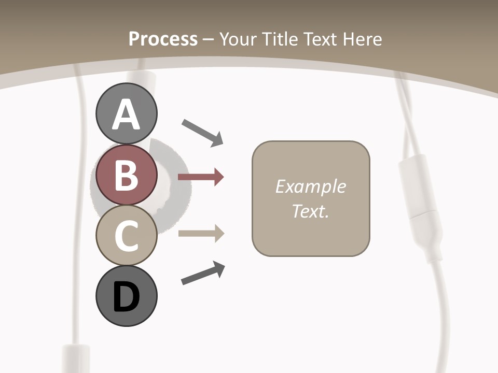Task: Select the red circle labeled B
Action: click(126, 175)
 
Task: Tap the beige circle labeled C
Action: click(126, 235)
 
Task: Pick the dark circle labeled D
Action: click(126, 296)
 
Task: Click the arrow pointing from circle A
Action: click(203, 132)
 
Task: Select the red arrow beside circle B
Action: click(201, 177)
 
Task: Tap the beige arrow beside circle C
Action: click(201, 234)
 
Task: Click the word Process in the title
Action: click(163, 39)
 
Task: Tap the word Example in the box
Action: click(310, 187)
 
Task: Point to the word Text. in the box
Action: click(310, 211)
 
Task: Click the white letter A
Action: click(126, 114)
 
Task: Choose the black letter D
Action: click(126, 297)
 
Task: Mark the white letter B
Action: click(126, 175)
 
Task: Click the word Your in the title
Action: click(237, 39)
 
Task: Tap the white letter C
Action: click(126, 236)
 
